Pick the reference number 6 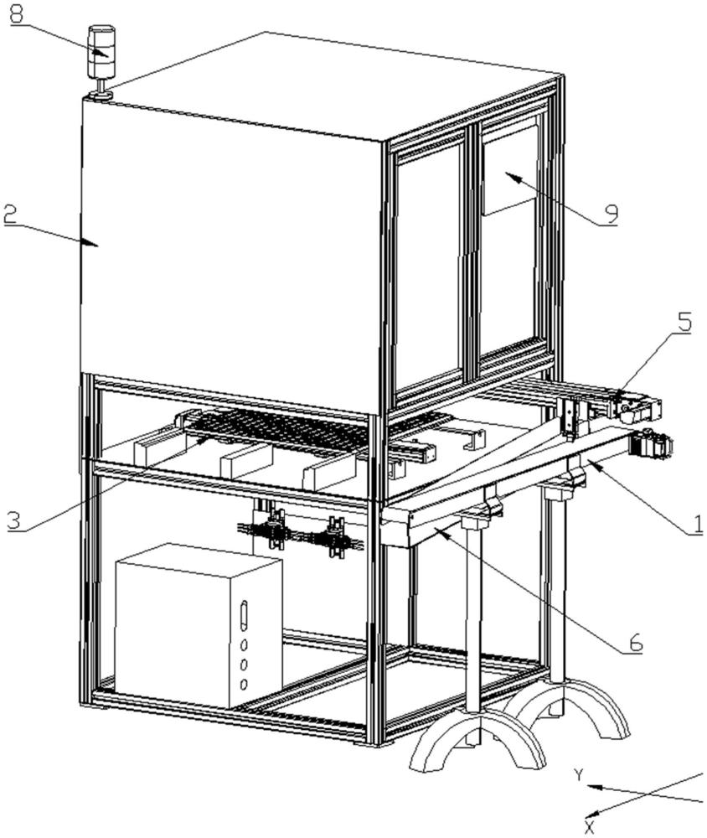635,643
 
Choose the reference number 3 12,520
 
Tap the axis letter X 589,827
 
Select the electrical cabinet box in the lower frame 198,624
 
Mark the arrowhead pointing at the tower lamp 105,52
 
